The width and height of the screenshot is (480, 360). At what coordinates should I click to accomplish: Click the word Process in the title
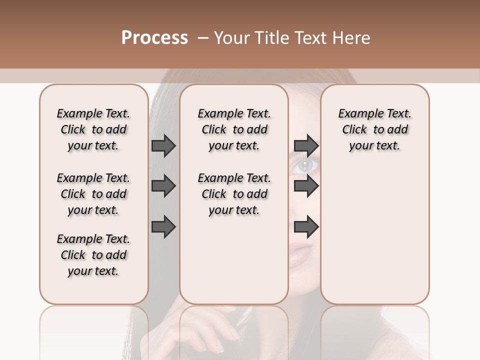pyautogui.click(x=154, y=38)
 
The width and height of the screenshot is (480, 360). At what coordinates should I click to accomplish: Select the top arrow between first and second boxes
pyautogui.click(x=163, y=145)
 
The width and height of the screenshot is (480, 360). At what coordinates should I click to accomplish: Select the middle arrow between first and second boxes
pyautogui.click(x=163, y=186)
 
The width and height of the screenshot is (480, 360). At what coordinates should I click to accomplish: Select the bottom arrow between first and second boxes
pyautogui.click(x=163, y=227)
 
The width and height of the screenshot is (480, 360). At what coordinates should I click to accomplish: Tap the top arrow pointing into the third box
pyautogui.click(x=306, y=145)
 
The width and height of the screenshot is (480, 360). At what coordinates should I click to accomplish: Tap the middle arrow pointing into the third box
pyautogui.click(x=306, y=186)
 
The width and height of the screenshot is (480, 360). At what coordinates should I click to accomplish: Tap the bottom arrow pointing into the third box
pyautogui.click(x=306, y=227)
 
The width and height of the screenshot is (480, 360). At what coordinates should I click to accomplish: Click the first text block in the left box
pyautogui.click(x=93, y=129)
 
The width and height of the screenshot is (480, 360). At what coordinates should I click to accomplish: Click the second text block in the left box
pyautogui.click(x=93, y=194)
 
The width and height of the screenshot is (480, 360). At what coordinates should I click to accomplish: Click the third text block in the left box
pyautogui.click(x=93, y=255)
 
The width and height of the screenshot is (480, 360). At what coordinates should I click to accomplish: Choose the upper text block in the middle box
pyautogui.click(x=234, y=129)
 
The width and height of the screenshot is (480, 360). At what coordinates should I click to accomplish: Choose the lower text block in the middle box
pyautogui.click(x=234, y=194)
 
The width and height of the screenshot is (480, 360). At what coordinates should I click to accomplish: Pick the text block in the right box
pyautogui.click(x=374, y=129)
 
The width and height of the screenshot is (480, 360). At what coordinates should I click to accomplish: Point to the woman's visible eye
pyautogui.click(x=303, y=164)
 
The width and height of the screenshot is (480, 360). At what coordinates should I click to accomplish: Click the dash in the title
pyautogui.click(x=203, y=38)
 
